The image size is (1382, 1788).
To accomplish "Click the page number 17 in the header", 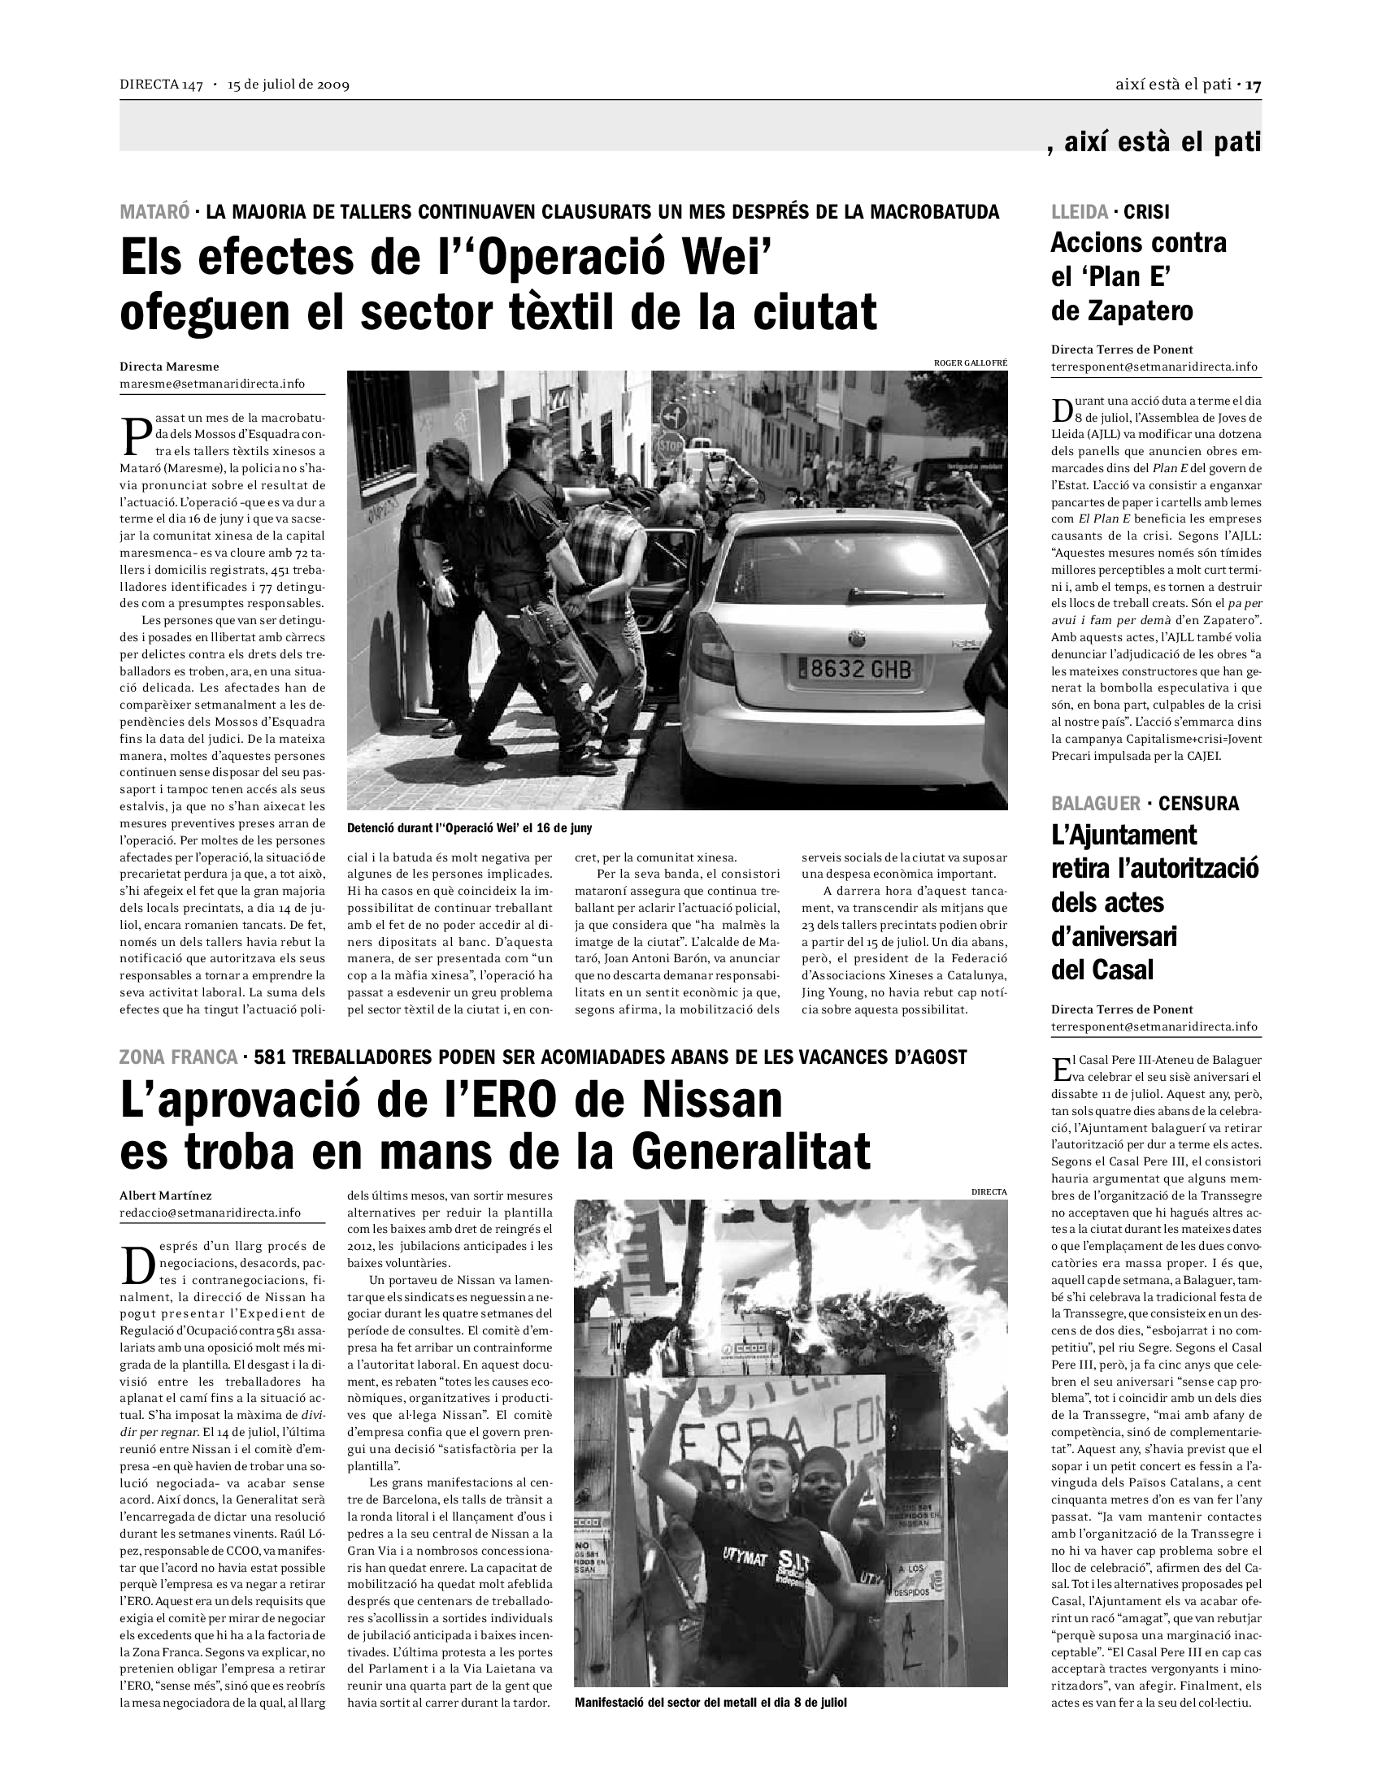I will [x=1254, y=85].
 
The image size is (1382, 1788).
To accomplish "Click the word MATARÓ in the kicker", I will [x=154, y=212].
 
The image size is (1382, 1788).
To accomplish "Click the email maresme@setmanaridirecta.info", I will [x=212, y=383].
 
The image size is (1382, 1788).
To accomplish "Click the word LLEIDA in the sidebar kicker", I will [x=1079, y=212].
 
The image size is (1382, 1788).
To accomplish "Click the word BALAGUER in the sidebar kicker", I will [x=1096, y=803].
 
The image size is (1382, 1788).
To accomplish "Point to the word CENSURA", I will [x=1198, y=803].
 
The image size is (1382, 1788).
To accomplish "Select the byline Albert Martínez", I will [x=165, y=1196].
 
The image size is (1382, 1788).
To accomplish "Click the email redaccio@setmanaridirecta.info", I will [x=210, y=1213].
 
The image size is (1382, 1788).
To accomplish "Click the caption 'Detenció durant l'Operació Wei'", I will [x=469, y=827].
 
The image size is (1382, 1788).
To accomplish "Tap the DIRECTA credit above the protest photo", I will [x=989, y=1192].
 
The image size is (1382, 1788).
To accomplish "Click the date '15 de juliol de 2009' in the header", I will [x=289, y=85].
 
